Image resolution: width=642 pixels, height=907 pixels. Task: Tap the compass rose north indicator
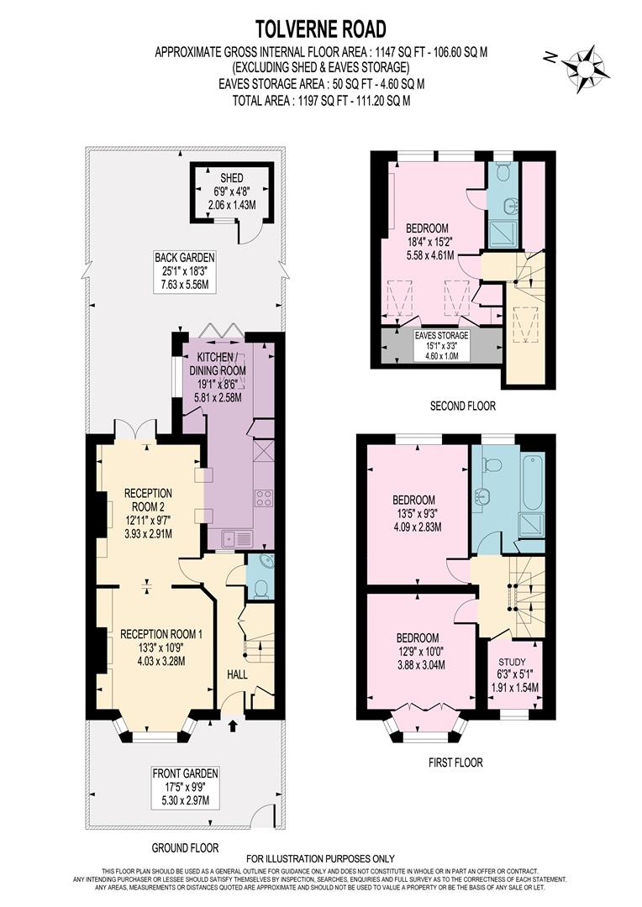pos(581,64)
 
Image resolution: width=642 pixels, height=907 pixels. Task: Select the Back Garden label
pos(185,270)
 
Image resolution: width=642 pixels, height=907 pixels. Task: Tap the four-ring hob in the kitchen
pos(263,497)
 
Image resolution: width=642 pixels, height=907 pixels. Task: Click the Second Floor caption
pos(462,406)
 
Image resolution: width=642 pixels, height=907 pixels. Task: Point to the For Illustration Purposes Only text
pos(320,858)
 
